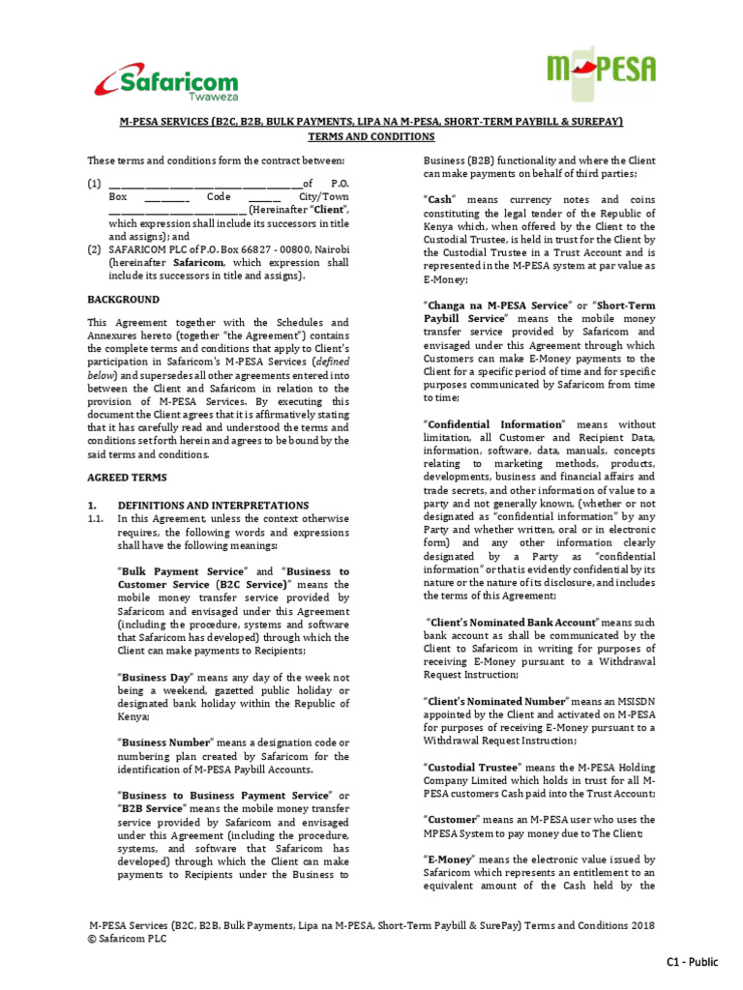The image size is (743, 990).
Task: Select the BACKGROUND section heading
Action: pos(124,300)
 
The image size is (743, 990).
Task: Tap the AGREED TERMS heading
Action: pos(127,478)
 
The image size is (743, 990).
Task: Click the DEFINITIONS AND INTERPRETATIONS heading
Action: pos(213,505)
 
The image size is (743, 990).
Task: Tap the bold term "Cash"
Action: pos(439,198)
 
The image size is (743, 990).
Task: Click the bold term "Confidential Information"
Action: pos(493,423)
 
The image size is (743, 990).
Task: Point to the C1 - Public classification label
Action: pos(692,961)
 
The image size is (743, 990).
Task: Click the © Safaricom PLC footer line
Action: pos(127,938)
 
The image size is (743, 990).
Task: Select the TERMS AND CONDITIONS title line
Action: pos(371,136)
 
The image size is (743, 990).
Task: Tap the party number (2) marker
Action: pos(94,248)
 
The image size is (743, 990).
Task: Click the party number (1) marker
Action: pos(94,183)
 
